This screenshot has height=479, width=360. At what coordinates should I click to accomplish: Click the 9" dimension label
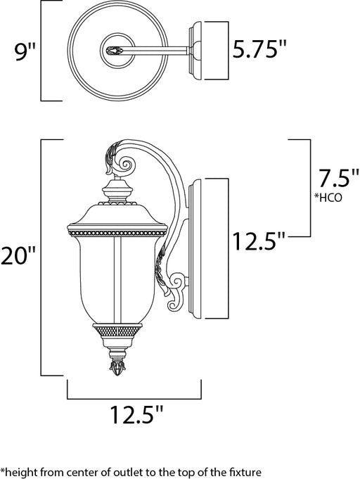pos(25,51)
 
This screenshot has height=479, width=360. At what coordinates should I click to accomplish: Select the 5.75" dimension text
pos(259,49)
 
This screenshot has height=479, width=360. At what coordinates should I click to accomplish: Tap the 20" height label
pos(18,255)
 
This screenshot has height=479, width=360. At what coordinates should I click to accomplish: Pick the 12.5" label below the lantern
pos(136,414)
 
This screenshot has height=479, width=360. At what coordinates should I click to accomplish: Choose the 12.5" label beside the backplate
pos(259,241)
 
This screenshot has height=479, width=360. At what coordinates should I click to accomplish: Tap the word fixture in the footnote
pos(245,471)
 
